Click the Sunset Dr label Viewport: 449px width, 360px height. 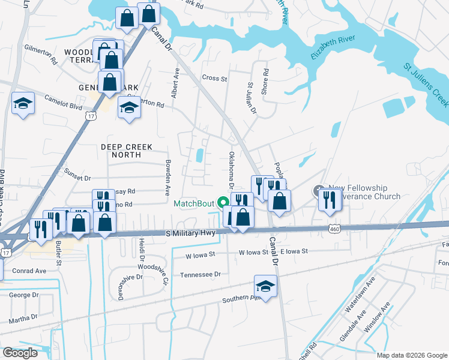click(78, 178)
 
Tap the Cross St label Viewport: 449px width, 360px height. click(215, 78)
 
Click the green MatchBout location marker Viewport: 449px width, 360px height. click(224, 203)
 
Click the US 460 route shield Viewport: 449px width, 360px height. click(334, 227)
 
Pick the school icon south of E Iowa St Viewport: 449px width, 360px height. click(265, 285)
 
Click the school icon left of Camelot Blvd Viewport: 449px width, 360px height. click(23, 104)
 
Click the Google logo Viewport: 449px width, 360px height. click(20, 353)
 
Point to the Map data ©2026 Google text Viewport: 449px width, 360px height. click(412, 355)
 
